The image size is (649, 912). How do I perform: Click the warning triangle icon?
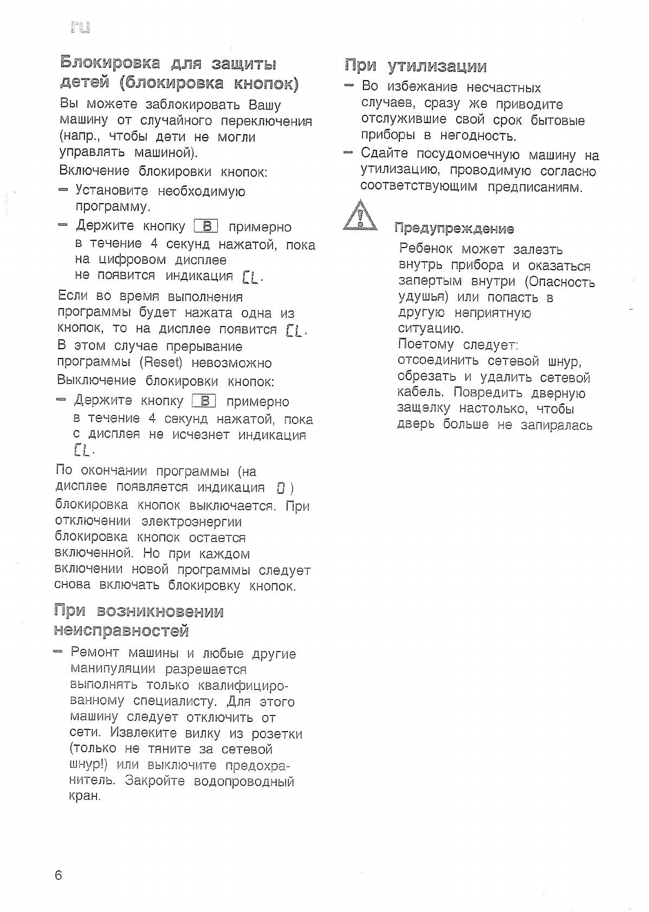[360, 217]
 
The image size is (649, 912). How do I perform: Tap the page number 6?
[59, 876]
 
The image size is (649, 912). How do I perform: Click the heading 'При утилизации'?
[416, 66]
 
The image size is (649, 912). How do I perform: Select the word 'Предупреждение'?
[454, 229]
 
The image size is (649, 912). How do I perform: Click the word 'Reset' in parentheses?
[160, 362]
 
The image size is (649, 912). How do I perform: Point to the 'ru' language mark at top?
[80, 27]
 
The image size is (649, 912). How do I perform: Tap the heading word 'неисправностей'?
[121, 631]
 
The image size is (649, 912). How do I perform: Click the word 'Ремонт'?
[95, 653]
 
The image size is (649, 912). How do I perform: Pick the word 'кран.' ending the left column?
[86, 797]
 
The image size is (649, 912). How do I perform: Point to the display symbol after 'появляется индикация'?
[280, 487]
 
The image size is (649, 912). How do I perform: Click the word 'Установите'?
[111, 191]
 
